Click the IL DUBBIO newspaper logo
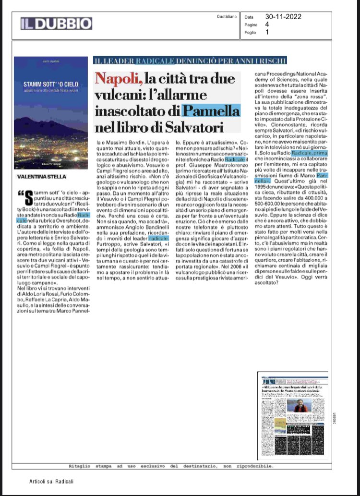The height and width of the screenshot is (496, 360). pos(56,24)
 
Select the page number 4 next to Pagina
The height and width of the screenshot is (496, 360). pos(267,24)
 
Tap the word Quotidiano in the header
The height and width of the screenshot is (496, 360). pos(227,16)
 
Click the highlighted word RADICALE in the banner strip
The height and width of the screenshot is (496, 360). pos(154,60)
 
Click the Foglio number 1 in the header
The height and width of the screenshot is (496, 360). pos(267,33)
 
